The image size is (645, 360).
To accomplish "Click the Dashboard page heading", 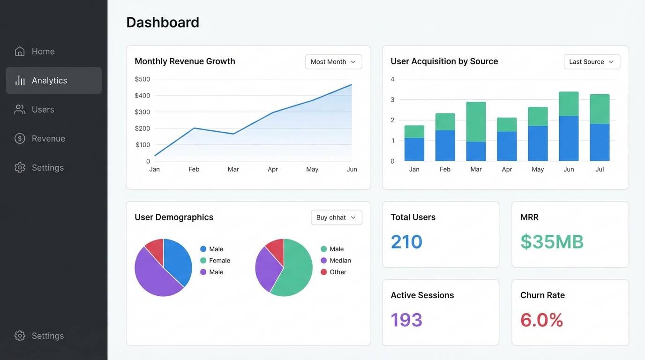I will point(163,22).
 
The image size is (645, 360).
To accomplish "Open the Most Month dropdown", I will point(333,62).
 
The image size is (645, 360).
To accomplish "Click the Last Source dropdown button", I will point(592,62).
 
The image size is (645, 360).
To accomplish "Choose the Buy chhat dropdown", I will point(336,217).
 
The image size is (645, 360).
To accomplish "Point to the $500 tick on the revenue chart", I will point(142,79).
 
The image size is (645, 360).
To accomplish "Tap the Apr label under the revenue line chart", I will point(273,169).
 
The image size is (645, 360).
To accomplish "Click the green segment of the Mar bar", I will point(476,122).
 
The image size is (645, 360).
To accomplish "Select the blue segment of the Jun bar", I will point(569,139).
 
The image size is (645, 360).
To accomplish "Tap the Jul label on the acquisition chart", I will point(600,169).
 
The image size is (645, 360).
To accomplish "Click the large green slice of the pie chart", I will point(293,272).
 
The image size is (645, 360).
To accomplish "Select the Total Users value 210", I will point(406,242).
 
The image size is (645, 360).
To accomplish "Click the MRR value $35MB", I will point(552,242).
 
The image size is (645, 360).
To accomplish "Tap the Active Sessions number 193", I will point(406,320).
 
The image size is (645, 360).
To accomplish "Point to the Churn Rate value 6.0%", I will point(541,320).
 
